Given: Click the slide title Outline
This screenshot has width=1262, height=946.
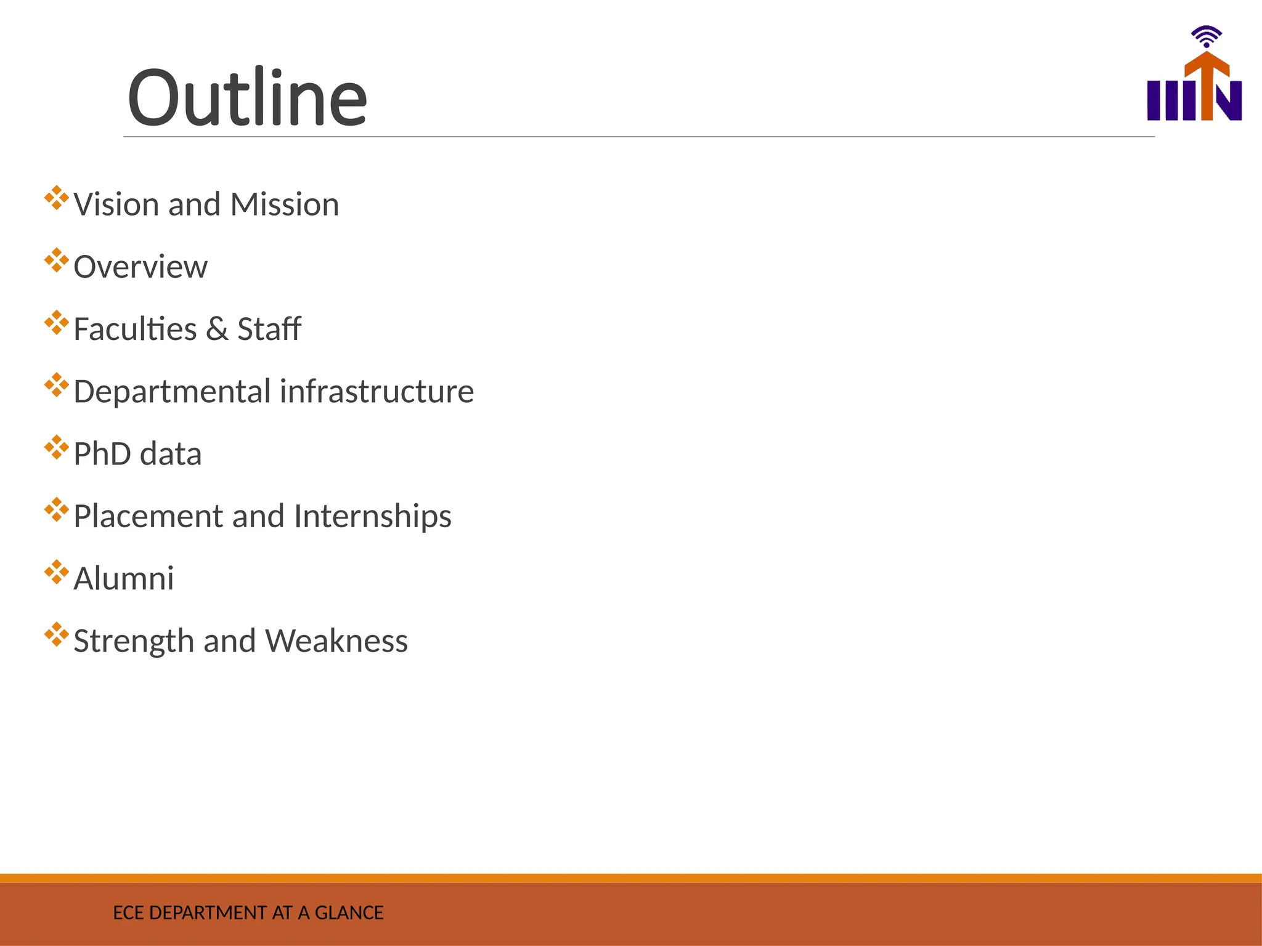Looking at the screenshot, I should coord(247,97).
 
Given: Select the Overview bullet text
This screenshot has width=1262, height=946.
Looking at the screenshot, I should coord(140,267).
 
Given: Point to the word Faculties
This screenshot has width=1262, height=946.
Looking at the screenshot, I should coord(135,329).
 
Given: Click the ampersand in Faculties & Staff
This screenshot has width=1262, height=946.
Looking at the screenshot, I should coord(217,329).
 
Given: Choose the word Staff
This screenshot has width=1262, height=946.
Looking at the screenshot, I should coord(269,329).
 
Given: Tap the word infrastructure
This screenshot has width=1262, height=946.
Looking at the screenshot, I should coord(377,392).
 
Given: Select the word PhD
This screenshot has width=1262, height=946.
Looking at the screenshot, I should coord(102,455).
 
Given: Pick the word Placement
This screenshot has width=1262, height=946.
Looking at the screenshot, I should coord(147,516).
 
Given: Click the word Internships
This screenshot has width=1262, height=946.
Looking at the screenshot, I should coord(372,516).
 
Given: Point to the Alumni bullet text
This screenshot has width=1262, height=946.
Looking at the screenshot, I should coord(124,579).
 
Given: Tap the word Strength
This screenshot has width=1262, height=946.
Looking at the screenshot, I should coord(134,641).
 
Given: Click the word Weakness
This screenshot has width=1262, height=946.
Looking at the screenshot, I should coord(336,641).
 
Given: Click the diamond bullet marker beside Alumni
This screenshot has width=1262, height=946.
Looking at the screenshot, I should coord(56,572).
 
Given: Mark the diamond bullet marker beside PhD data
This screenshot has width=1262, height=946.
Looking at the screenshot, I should coord(56,447).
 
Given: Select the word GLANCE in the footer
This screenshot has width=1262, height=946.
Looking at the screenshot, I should coord(349,913).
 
